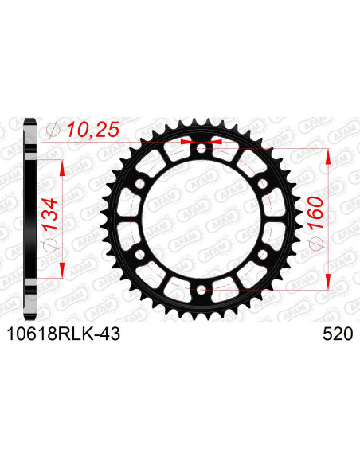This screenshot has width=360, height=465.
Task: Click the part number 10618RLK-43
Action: [63, 335]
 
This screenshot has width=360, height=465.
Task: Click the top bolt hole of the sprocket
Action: [200, 147]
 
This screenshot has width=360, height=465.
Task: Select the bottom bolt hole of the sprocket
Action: [200, 290]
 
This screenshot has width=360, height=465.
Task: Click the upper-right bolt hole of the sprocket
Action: [261, 183]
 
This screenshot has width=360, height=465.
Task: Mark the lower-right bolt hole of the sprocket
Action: [261, 254]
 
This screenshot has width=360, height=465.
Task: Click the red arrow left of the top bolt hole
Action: [188, 141]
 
